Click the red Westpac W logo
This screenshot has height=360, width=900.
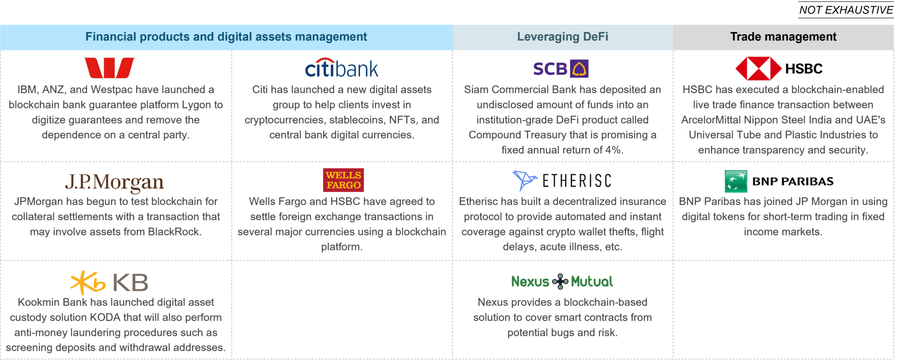tap(109, 68)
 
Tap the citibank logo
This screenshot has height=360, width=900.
tap(341, 68)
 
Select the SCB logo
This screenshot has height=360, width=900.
tap(561, 69)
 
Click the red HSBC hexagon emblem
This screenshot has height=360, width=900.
tap(758, 69)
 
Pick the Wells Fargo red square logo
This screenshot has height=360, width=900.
tap(343, 180)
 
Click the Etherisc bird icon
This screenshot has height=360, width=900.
tap(525, 180)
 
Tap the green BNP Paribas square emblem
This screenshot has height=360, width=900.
tap(736, 181)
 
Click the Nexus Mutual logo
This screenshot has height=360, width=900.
tap(562, 281)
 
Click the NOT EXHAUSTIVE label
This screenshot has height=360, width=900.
tap(846, 10)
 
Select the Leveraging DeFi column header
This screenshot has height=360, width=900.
tap(562, 36)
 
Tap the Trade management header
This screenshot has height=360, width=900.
tap(783, 36)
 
